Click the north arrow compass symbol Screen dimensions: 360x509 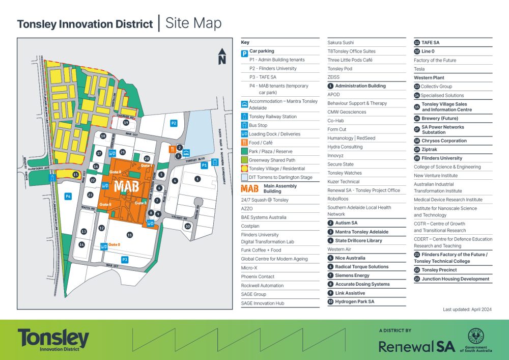click(221, 56)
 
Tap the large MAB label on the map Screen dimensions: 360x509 click(126, 186)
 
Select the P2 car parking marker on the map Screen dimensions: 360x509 click(174, 123)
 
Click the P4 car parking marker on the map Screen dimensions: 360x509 click(68, 196)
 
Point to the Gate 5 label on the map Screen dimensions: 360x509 click(115, 244)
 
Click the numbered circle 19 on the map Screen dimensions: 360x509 click(126, 122)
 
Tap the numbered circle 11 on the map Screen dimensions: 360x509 click(130, 235)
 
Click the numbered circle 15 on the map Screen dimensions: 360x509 click(75, 175)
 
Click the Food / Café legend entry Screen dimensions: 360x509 click(261, 143)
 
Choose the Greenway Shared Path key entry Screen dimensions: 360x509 click(271, 160)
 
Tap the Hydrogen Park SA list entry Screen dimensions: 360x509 click(354, 301)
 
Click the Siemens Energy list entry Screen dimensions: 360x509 click(352, 275)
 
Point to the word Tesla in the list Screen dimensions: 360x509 click(419, 69)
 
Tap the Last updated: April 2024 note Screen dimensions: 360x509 click(467, 309)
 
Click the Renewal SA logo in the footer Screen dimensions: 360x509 click(416, 346)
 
